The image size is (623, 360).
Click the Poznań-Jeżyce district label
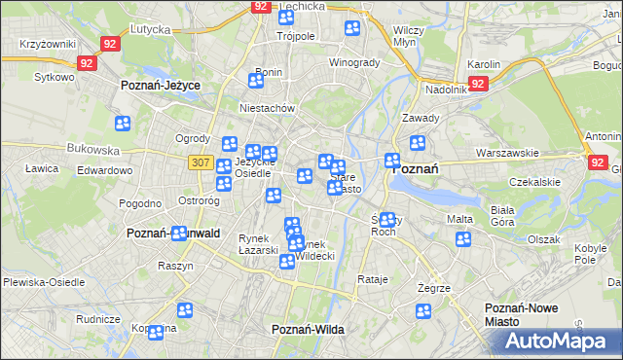click(160, 86)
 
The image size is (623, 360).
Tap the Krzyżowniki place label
click(48, 46)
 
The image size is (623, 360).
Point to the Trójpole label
click(295, 36)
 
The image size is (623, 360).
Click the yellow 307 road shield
click(201, 162)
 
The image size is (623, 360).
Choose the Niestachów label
click(267, 109)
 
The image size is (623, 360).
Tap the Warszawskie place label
click(507, 154)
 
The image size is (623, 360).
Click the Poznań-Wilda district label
click(308, 330)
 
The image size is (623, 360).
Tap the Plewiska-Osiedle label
click(38, 281)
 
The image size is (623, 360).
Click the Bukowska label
click(92, 151)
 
